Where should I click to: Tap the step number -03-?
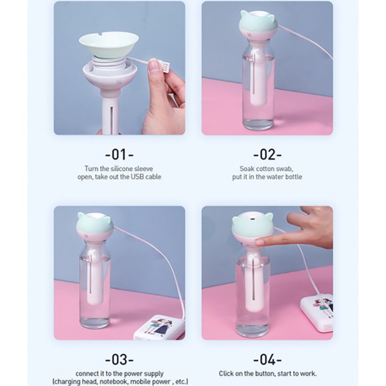119,359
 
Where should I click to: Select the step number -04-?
267,359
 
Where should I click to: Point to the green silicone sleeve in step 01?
109,42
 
